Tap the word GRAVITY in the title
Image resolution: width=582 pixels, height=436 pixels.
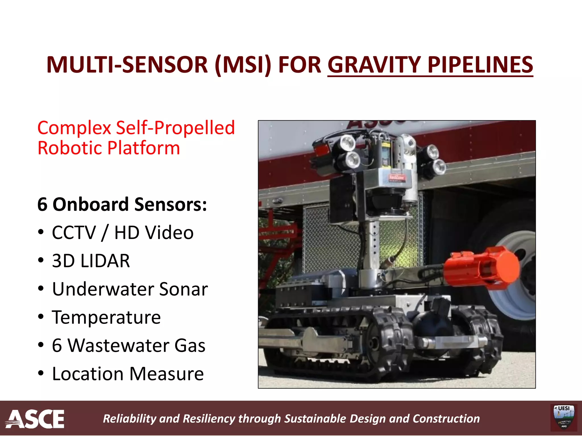click(x=374, y=65)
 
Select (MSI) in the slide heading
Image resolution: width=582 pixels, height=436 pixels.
click(x=243, y=65)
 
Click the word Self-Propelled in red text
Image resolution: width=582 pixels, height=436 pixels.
click(x=175, y=128)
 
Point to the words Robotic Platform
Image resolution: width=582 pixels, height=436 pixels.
click(x=109, y=148)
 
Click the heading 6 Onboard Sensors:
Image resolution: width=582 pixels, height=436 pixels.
click(x=122, y=204)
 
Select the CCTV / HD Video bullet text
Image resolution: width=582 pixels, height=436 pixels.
click(x=122, y=233)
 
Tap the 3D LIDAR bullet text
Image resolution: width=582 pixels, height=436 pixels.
click(x=91, y=261)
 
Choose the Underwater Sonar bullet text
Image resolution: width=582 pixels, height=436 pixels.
click(x=130, y=289)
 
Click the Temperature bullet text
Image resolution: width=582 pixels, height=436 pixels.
click(x=106, y=317)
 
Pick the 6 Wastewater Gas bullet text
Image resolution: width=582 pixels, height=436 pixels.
click(x=128, y=345)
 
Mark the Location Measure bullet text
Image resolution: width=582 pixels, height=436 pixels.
click(x=128, y=374)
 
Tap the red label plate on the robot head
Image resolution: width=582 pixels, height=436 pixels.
click(x=397, y=178)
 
